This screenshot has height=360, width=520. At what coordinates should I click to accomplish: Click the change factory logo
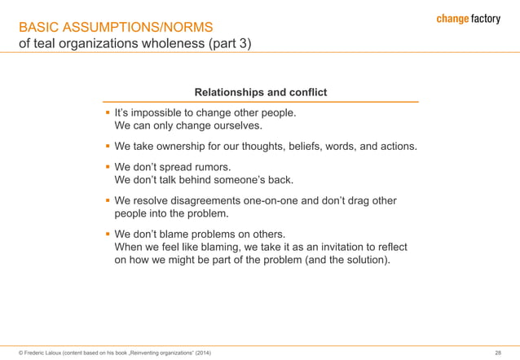click(x=465, y=19)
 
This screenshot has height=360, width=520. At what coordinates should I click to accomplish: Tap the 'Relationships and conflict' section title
click(x=259, y=92)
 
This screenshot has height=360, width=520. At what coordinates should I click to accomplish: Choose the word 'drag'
click(x=379, y=200)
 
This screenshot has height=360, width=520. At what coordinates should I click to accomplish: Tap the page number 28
click(x=498, y=352)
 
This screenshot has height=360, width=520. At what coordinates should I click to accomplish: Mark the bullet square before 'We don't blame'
click(x=107, y=234)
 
